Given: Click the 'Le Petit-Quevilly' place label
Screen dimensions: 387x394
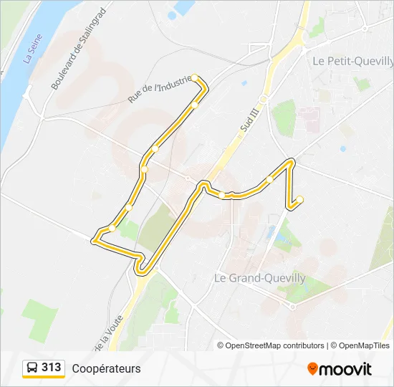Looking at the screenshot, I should click(349, 61).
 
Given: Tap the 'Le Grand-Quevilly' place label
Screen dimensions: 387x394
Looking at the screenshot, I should click(260, 278).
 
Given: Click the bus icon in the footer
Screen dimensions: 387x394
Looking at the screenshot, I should click(32, 368).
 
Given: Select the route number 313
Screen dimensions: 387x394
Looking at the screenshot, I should click(51, 368).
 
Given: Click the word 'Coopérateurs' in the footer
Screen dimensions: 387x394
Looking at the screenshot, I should click(106, 368).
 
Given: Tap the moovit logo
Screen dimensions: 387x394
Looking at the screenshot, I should click(340, 369).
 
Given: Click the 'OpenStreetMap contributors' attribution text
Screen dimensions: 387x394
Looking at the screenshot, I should click(275, 345).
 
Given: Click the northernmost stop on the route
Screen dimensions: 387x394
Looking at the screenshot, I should click(194, 77).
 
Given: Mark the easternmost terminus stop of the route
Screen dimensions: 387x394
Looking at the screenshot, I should click(300, 199).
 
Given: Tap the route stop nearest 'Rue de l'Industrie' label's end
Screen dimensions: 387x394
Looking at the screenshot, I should click(194, 105).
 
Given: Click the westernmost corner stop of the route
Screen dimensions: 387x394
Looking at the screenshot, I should click(94, 242).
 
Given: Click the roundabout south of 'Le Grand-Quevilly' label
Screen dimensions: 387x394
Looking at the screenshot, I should click(292, 306).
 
